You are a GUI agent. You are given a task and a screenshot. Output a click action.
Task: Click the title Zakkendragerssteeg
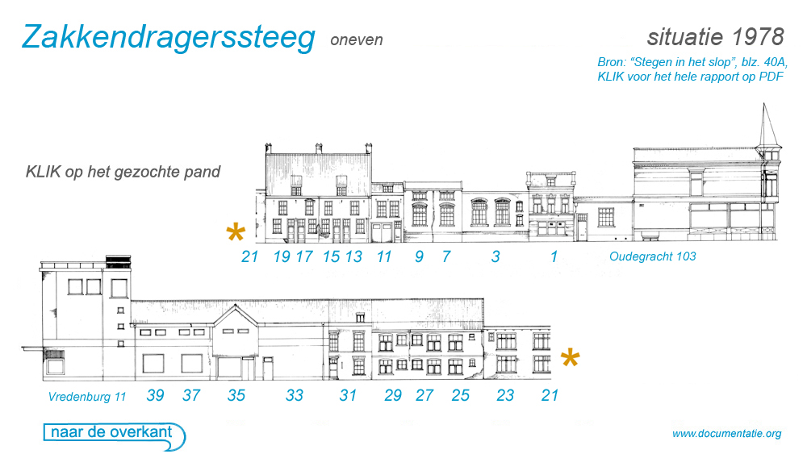pos(168,37)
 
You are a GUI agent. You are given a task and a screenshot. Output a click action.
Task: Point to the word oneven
pos(357,40)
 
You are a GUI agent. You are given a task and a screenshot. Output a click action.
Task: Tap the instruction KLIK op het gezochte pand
pos(123,172)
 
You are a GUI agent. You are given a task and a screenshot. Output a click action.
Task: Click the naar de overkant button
pos(112,433)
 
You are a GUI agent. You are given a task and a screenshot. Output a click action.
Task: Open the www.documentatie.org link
pos(726,434)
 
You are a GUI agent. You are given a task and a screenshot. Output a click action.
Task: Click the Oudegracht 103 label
pos(653,257)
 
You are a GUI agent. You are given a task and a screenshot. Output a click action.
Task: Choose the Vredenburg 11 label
pos(87,397)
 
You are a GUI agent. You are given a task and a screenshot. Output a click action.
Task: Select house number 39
pos(156,395)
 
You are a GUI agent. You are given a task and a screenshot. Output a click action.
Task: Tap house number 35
pos(236,395)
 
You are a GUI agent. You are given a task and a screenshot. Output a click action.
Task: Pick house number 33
pos(295,395)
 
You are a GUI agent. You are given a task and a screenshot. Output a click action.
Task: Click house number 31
pos(348,395)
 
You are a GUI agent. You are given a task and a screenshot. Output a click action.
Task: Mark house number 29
pos(393,395)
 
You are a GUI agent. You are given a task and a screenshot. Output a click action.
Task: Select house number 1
pos(554,256)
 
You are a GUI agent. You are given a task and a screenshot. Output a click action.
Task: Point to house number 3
pos(495,256)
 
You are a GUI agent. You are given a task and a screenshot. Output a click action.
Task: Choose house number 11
pos(384,256)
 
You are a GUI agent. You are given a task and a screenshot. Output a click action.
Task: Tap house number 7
pos(445,256)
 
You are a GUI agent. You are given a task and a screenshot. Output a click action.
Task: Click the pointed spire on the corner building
pos(767,125)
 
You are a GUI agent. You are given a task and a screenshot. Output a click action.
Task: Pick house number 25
pos(460,395)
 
